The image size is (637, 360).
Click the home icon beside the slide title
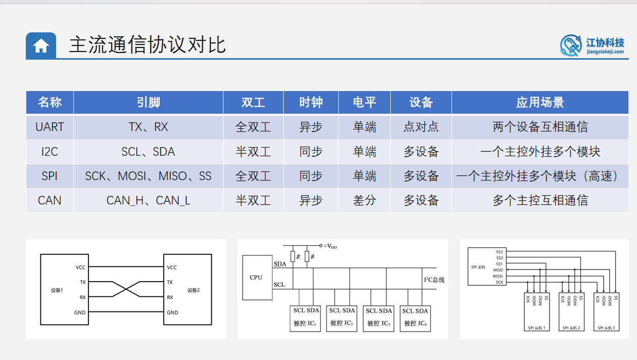coord(41,46)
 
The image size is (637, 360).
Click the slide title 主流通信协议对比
coord(147,44)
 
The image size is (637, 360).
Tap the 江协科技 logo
coord(593,45)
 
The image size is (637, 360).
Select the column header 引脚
coord(148,103)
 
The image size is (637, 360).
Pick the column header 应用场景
coord(540,103)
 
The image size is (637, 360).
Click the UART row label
coord(50,127)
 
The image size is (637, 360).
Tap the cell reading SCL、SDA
coord(148,152)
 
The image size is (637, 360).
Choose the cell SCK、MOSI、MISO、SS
coord(148,176)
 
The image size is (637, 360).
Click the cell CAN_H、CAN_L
coord(148,200)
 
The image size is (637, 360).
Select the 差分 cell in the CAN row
coord(365,200)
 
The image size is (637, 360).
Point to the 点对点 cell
coord(421,127)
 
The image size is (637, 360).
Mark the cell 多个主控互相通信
coord(540,200)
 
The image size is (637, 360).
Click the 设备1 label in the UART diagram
coord(57,290)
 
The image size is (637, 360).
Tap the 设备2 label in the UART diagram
coord(194,290)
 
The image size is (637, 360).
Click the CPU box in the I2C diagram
coord(256,278)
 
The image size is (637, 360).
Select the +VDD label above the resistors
coord(330,246)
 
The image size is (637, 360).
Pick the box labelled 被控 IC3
coord(378,318)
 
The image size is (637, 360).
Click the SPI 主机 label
coord(478,267)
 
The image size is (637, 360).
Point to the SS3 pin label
coord(499,251)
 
